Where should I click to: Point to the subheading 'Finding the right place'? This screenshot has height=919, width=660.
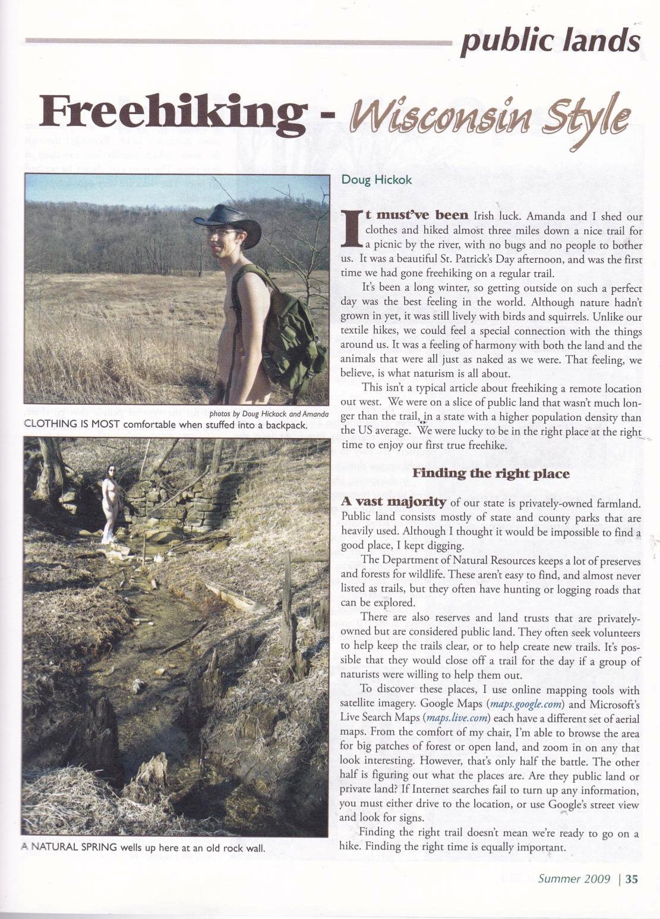(x=491, y=474)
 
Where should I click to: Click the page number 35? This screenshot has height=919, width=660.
(x=631, y=879)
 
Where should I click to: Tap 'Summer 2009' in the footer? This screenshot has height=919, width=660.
(x=574, y=879)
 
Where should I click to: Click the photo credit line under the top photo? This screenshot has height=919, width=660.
(x=269, y=414)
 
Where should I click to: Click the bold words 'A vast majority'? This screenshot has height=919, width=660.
(x=393, y=502)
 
